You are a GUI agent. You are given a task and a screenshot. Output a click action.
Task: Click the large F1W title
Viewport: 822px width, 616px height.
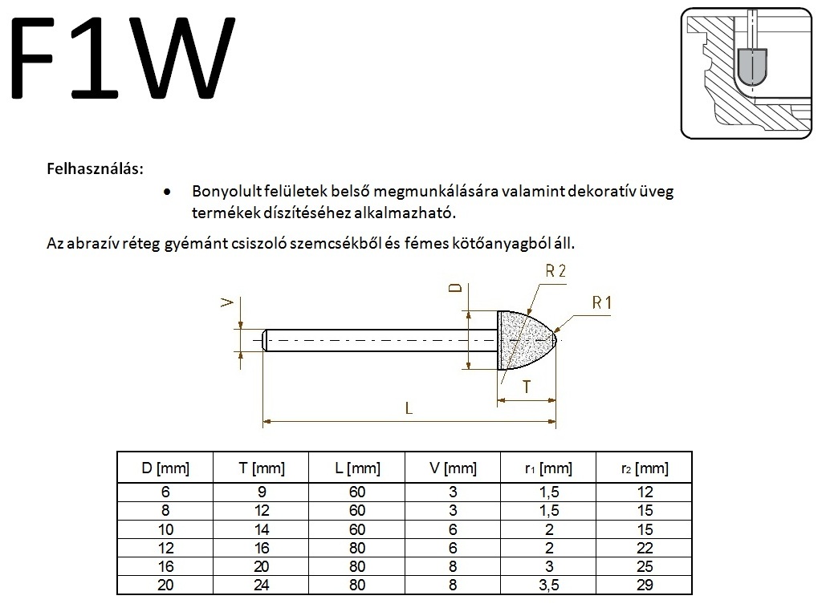coord(123,58)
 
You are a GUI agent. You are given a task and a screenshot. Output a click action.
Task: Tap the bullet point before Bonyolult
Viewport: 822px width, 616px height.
coord(167,192)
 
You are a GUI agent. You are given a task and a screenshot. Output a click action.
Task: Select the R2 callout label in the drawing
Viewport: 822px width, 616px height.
coord(555,271)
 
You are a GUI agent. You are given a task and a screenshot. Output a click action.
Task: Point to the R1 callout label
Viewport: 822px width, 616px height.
coord(602,302)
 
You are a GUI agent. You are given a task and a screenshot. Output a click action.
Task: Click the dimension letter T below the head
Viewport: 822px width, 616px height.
coord(527,387)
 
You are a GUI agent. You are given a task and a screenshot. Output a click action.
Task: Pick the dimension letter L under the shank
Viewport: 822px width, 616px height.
coord(409,407)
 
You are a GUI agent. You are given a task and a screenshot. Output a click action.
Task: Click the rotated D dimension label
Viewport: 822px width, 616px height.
coord(457,288)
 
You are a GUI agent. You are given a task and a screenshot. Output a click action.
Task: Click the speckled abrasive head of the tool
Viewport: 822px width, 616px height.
coord(524,340)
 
